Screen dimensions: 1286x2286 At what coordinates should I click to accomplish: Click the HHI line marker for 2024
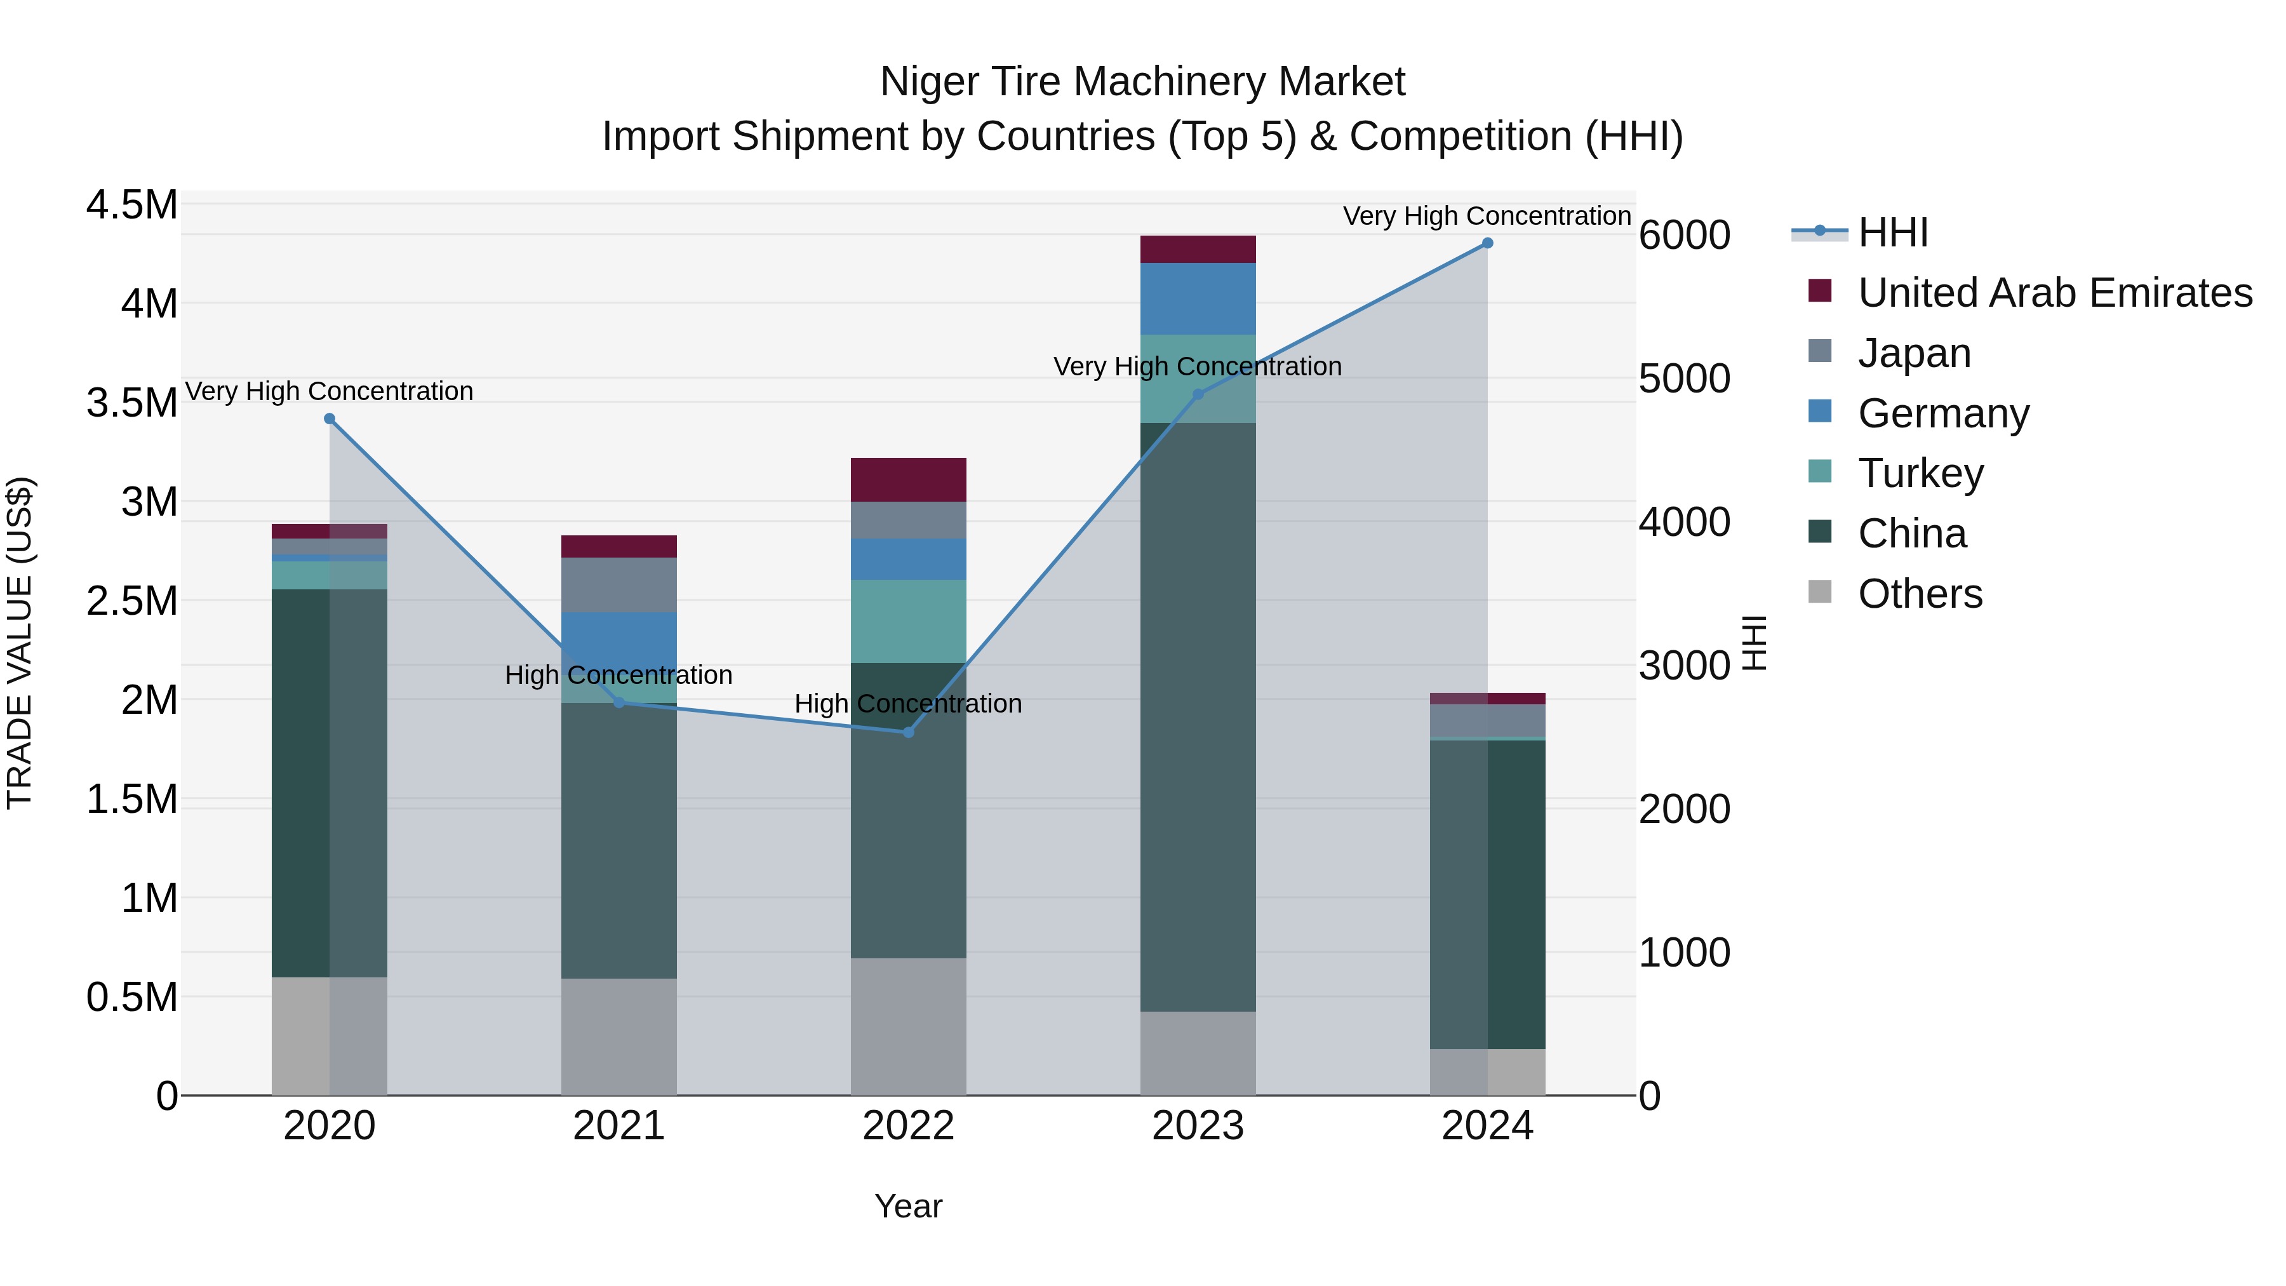click(1487, 243)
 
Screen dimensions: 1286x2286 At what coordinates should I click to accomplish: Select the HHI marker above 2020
click(329, 419)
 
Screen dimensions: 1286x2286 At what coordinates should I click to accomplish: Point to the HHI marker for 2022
click(908, 733)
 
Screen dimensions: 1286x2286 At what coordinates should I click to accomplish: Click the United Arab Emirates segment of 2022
click(908, 480)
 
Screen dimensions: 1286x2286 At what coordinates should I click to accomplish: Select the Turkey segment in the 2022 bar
click(908, 621)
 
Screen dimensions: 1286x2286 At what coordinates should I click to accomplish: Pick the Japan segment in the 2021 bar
click(618, 585)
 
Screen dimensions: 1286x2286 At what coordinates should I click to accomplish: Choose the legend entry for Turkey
click(1920, 473)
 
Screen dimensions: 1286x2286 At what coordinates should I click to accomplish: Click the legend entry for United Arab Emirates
click(2054, 293)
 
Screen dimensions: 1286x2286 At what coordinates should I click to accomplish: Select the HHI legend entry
click(1892, 232)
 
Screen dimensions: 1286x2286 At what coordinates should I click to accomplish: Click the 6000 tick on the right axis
click(1683, 235)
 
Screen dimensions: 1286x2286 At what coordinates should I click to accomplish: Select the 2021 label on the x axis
click(618, 1126)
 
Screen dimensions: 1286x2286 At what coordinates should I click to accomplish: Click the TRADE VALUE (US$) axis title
click(20, 643)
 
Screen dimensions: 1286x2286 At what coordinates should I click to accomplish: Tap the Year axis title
click(908, 1206)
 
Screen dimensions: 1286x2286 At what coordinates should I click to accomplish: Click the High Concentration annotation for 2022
click(908, 704)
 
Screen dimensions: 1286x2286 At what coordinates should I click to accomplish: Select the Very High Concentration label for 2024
click(1487, 216)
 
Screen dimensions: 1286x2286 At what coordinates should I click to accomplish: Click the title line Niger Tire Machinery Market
click(1142, 82)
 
